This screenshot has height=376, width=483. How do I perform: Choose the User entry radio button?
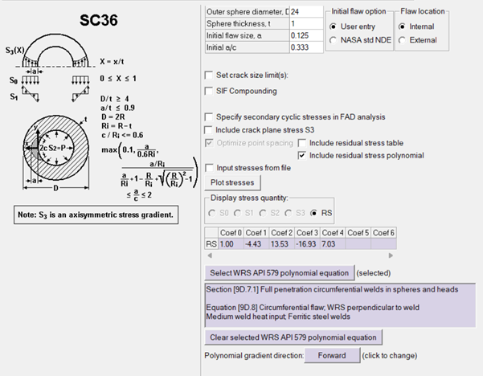click(334, 26)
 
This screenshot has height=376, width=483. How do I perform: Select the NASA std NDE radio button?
click(334, 39)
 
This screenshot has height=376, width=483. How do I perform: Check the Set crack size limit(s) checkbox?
click(210, 76)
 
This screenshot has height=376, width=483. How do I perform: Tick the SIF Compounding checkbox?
click(210, 90)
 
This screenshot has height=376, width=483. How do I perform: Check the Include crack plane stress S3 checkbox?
click(210, 129)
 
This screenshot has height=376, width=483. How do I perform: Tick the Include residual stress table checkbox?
click(303, 143)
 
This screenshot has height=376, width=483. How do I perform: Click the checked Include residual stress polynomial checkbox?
click(303, 155)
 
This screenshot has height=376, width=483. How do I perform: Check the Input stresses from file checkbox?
click(210, 169)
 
